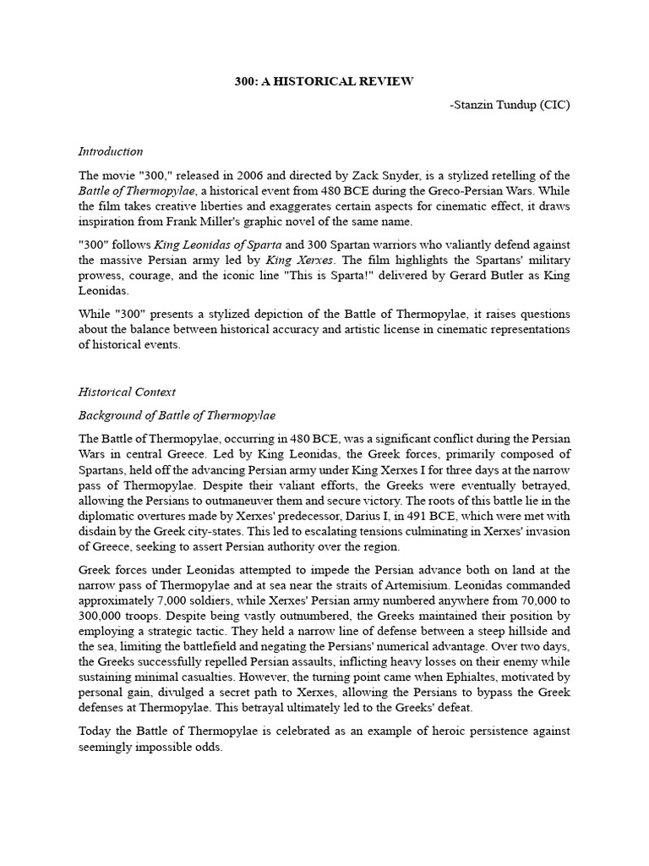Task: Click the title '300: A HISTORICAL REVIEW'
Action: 324,81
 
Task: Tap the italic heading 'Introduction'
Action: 111,151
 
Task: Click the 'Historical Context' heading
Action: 127,392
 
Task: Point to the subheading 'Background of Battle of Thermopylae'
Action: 177,416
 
